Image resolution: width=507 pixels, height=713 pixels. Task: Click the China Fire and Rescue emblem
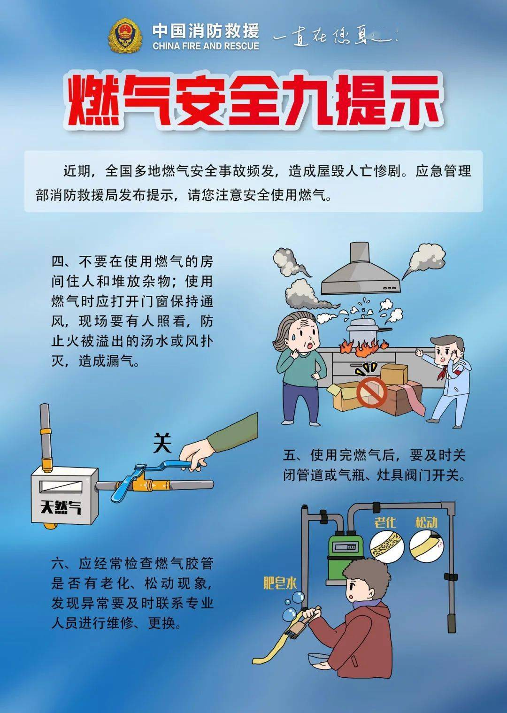click(x=125, y=36)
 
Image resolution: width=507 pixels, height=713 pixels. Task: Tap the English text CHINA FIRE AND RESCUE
click(x=206, y=46)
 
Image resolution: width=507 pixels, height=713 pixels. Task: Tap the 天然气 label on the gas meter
click(x=61, y=507)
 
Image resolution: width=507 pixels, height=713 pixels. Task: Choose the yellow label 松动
click(x=426, y=522)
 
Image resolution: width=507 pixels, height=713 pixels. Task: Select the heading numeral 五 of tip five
click(x=290, y=455)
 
